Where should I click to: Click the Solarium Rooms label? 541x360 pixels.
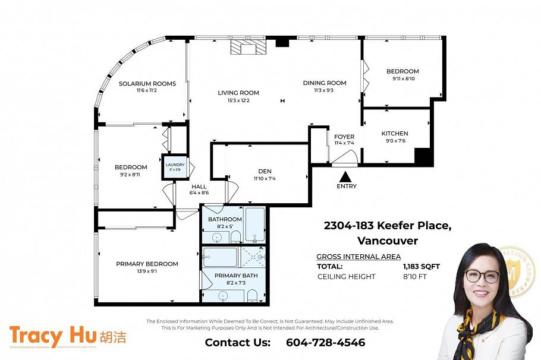pyautogui.click(x=147, y=84)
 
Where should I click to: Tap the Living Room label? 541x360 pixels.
pyautogui.click(x=238, y=93)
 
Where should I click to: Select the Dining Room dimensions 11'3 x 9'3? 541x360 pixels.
pyautogui.click(x=324, y=90)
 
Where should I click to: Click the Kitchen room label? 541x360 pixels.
pyautogui.click(x=395, y=134)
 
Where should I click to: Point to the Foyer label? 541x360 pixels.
pyautogui.click(x=344, y=137)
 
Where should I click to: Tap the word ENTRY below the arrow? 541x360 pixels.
pyautogui.click(x=347, y=187)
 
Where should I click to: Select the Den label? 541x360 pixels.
pyautogui.click(x=265, y=171)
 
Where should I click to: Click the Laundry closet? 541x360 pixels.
pyautogui.click(x=175, y=167)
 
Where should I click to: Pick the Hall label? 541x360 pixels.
pyautogui.click(x=199, y=187)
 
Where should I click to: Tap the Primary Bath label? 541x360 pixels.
pyautogui.click(x=236, y=276)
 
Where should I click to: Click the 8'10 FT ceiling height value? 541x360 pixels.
pyautogui.click(x=414, y=277)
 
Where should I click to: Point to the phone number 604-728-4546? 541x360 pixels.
pyautogui.click(x=325, y=343)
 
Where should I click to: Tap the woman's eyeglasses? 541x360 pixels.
pyautogui.click(x=482, y=276)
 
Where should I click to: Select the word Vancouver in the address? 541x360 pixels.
pyautogui.click(x=387, y=241)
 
